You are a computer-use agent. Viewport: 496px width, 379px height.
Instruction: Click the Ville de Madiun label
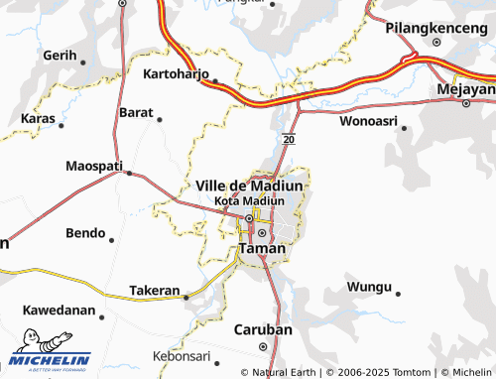pos(250,186)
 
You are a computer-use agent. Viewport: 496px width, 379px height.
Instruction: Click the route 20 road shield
pos(288,141)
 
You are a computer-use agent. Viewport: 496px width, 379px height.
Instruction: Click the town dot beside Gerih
pos(83,63)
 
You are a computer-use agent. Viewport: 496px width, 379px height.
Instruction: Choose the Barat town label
pos(136,113)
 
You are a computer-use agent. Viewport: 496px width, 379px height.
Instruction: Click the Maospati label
pos(95,165)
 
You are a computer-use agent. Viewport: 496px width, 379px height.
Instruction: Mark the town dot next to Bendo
pos(111,240)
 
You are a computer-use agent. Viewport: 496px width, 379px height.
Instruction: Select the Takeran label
pos(155,292)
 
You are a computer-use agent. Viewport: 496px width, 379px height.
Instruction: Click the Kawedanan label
pos(59,311)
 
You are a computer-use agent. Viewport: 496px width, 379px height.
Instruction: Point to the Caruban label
pos(262,329)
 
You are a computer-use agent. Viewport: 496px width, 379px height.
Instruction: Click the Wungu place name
pos(369,287)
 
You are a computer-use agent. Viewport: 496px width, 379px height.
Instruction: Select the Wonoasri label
pos(368,123)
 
